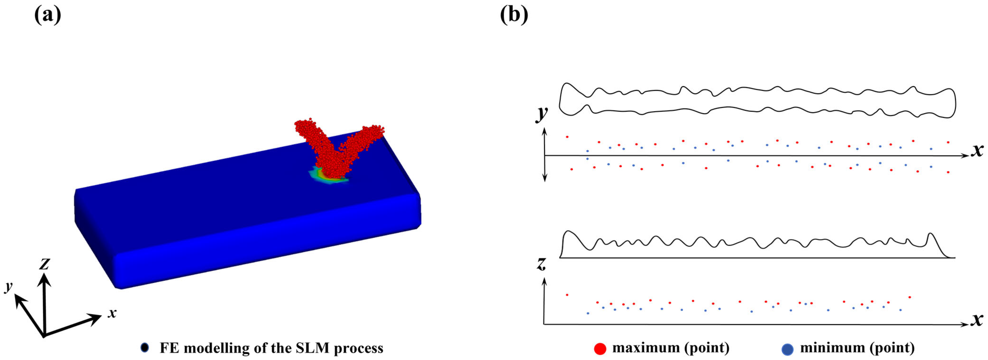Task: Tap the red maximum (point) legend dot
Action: click(600, 348)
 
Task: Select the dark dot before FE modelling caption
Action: click(145, 348)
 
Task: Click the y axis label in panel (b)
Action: click(542, 114)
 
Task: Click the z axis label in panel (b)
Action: click(541, 264)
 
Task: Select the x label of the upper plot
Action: click(977, 151)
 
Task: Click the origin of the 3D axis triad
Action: click(44, 336)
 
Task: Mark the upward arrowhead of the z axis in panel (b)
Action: click(544, 282)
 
